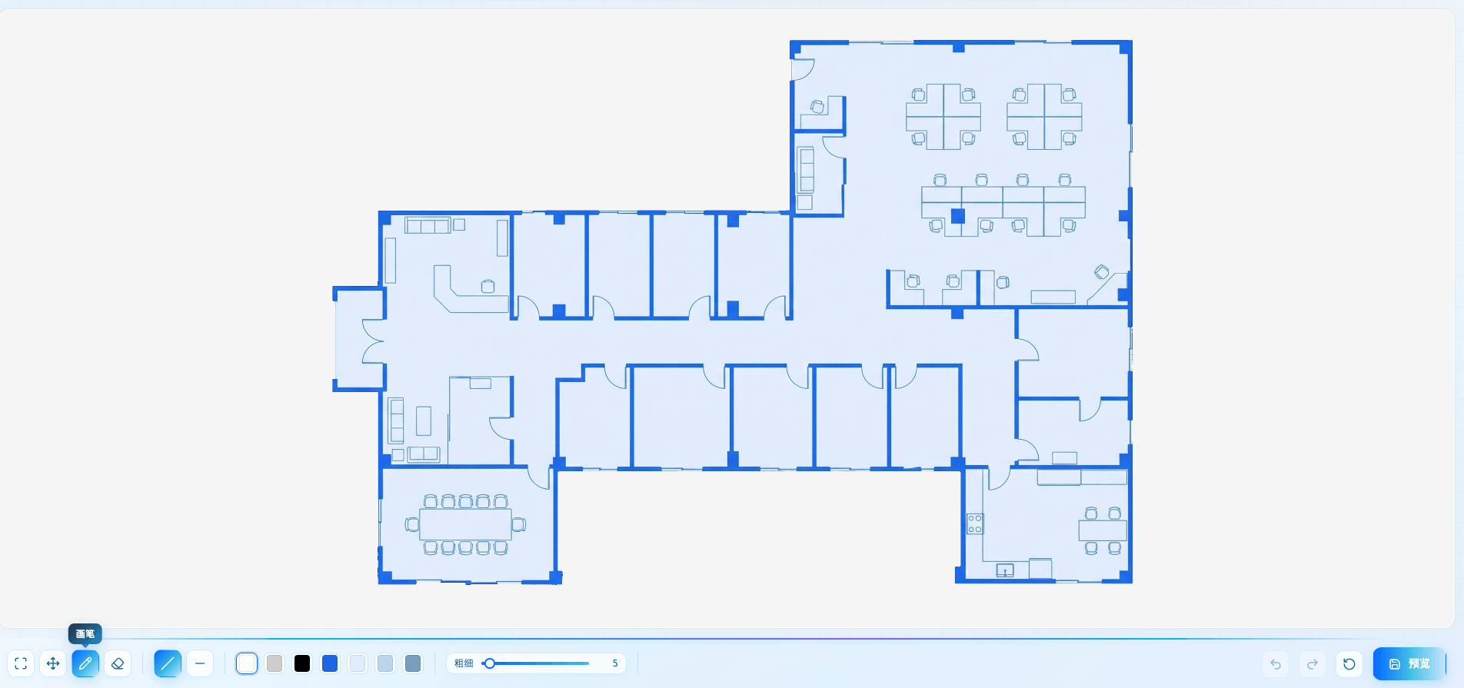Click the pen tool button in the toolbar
click(85, 663)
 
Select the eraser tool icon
click(118, 663)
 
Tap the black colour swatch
click(302, 663)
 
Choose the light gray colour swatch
click(274, 663)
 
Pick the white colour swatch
click(247, 663)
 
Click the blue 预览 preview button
click(1409, 663)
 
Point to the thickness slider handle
click(489, 663)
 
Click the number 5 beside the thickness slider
click(615, 663)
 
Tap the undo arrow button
click(1276, 663)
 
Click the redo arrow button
click(1313, 663)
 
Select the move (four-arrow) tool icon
click(53, 663)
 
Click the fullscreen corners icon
click(21, 663)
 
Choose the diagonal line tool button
click(168, 663)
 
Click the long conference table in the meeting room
click(465, 524)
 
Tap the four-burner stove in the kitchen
click(975, 524)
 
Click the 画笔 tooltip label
click(85, 633)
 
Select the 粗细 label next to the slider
click(464, 663)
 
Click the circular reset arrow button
click(1349, 663)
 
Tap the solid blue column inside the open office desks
click(958, 216)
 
